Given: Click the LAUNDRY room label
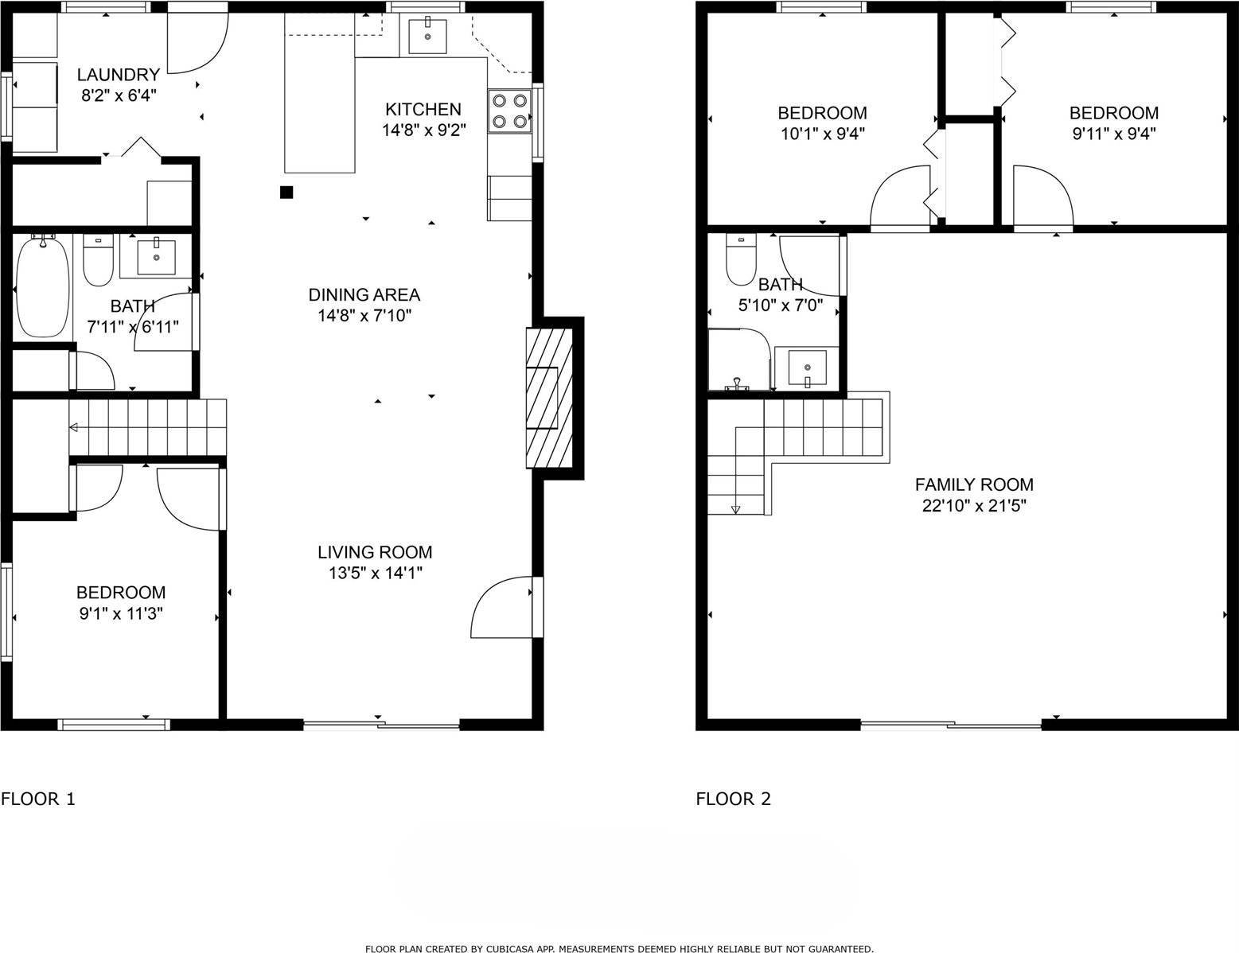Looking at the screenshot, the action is [x=119, y=75].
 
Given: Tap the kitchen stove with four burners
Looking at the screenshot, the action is [x=510, y=111].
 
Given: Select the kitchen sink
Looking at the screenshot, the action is [x=427, y=36].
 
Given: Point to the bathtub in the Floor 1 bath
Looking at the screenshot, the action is [x=43, y=289].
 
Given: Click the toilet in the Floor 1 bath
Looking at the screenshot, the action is [x=98, y=260].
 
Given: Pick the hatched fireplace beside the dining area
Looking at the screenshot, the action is [x=549, y=398].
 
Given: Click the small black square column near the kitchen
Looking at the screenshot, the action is [x=286, y=193].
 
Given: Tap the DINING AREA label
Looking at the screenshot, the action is [x=364, y=294].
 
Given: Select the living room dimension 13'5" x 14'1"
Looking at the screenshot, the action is [x=375, y=573].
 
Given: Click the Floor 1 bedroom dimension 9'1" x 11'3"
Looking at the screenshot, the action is [x=122, y=614].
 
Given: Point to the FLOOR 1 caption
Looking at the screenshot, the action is [x=38, y=799].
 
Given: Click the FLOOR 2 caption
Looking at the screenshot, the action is [x=733, y=799].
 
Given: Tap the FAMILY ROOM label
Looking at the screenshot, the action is [x=975, y=484].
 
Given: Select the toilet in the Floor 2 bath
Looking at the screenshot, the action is [x=741, y=260].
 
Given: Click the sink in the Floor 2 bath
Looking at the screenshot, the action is [x=807, y=368].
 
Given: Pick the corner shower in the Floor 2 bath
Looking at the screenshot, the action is [x=739, y=360].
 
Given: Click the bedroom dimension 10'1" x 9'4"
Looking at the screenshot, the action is [x=823, y=134].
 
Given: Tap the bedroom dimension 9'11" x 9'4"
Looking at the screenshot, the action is [x=1114, y=134].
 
